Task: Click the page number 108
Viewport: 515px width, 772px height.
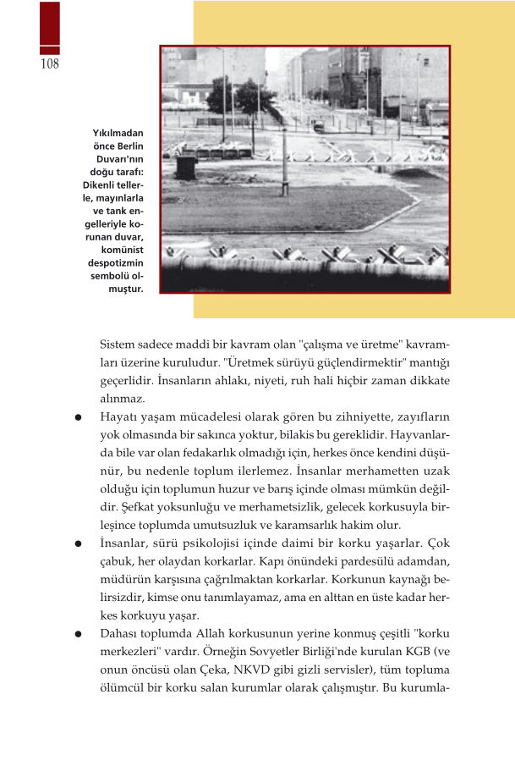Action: click(x=49, y=65)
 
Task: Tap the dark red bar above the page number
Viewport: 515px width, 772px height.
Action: click(x=50, y=27)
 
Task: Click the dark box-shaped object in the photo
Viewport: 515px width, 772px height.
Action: click(x=186, y=166)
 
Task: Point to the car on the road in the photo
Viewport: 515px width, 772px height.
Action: click(x=318, y=127)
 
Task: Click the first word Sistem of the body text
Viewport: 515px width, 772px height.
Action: click(x=117, y=345)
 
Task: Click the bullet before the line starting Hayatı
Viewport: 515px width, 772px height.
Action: click(x=78, y=416)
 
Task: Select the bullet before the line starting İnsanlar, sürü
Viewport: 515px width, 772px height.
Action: click(x=78, y=543)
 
